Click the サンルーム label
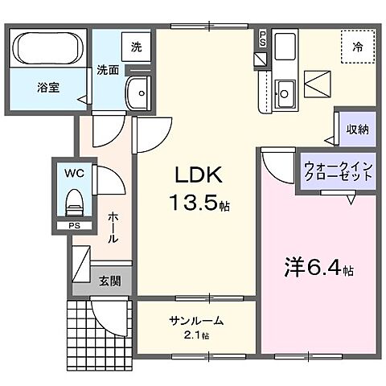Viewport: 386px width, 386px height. tap(195, 321)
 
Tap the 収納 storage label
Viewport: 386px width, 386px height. tap(357, 129)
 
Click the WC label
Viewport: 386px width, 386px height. tap(73, 171)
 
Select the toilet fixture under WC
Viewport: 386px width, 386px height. tap(74, 199)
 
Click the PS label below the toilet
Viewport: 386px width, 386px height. tap(74, 227)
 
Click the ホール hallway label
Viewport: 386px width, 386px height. tap(114, 228)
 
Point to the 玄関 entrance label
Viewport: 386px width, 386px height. tap(110, 281)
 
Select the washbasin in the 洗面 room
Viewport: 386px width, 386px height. tap(141, 94)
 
